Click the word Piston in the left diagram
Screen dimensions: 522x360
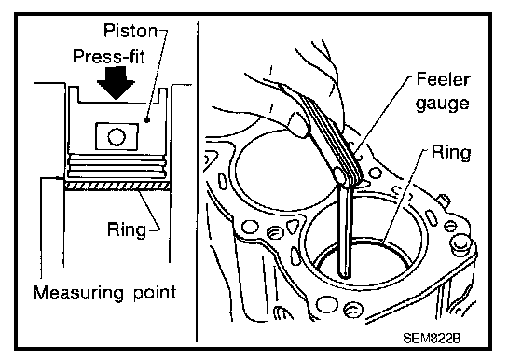tap(130, 31)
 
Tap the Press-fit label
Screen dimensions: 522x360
tap(109, 56)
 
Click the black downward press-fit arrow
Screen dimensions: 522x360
tap(116, 83)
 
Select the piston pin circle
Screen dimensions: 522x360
tap(117, 137)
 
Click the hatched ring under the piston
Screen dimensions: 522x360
tap(117, 187)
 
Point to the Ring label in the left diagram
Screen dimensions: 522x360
tap(127, 229)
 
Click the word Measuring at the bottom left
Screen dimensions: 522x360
tap(78, 293)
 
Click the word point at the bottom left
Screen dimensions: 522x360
tap(155, 293)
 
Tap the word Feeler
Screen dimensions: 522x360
tap(443, 79)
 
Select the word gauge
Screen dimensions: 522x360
tap(443, 104)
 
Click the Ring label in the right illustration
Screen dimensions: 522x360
tap(451, 153)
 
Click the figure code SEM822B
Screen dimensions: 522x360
tap(432, 338)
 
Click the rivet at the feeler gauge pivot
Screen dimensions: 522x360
tap(340, 174)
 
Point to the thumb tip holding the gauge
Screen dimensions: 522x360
tap(298, 125)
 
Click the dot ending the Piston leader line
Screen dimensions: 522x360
tap(147, 120)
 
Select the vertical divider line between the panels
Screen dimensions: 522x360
tap(198, 181)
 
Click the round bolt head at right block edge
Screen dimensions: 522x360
tap(460, 244)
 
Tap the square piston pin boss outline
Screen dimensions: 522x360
tap(117, 136)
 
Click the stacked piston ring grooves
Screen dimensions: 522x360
tap(117, 165)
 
